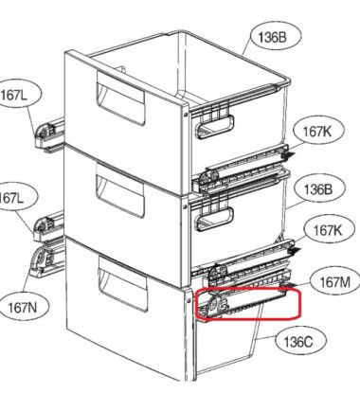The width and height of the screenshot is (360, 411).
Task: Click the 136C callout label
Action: pos(298,342)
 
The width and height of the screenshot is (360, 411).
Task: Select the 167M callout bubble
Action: pos(334,282)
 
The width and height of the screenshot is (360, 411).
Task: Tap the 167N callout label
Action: pos(22,307)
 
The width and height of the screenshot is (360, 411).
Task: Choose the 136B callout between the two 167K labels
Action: pos(317,189)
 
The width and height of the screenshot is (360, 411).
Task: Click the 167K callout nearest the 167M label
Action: pos(328,230)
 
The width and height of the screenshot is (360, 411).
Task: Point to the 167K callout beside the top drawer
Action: pos(317,132)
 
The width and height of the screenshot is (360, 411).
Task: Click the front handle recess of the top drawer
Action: pos(120,98)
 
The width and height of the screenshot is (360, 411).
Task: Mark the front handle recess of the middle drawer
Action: pos(120,190)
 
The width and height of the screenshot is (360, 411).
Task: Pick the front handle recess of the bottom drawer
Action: pos(122,283)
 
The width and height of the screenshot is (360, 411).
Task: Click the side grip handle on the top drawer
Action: pos(215,127)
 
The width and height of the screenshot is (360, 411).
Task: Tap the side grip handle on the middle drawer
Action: pos(214,219)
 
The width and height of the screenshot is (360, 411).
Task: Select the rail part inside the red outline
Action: pos(242,302)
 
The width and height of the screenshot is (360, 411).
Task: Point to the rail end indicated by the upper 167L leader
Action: pos(49,134)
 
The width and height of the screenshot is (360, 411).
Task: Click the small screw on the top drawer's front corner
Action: pos(186,114)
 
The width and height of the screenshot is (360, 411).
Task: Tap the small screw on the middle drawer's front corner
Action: pos(186,207)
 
